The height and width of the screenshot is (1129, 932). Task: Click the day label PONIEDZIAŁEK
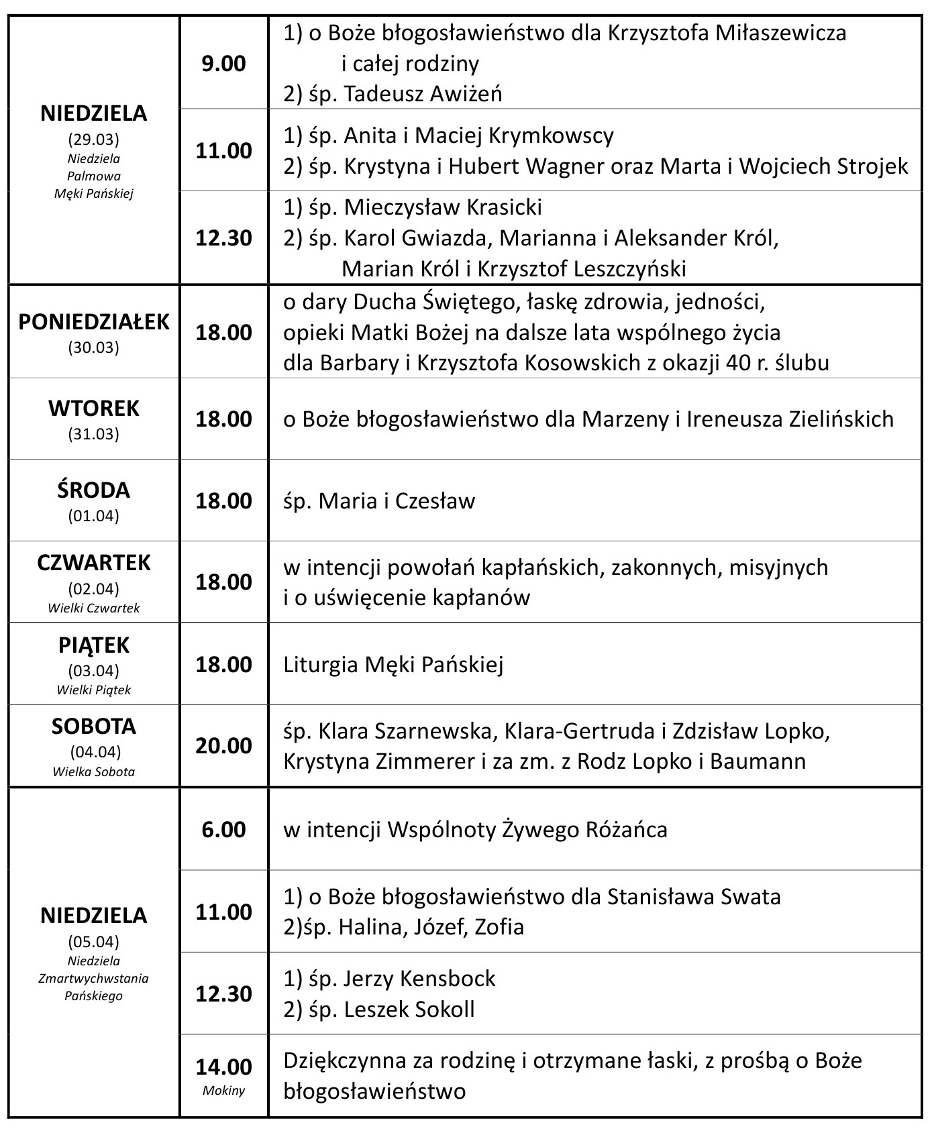coord(94,322)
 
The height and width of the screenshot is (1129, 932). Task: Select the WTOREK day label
coord(94,409)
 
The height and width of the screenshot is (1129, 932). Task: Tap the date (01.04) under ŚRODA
coord(94,516)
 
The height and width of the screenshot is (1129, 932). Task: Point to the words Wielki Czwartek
coord(94,608)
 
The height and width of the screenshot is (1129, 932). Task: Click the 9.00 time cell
coord(224,64)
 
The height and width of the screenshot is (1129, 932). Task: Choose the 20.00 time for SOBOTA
coord(224,745)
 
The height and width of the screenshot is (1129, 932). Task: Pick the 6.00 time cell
coord(224,830)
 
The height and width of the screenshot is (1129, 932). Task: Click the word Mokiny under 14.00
coord(224,1090)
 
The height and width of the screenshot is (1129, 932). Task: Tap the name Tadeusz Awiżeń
coord(423,94)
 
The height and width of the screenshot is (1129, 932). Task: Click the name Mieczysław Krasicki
coord(443,207)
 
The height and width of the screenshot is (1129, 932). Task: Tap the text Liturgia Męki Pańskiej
coord(393,665)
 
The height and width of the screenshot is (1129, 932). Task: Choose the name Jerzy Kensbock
coord(419,978)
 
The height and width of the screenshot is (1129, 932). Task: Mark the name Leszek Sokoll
coord(409,1009)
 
